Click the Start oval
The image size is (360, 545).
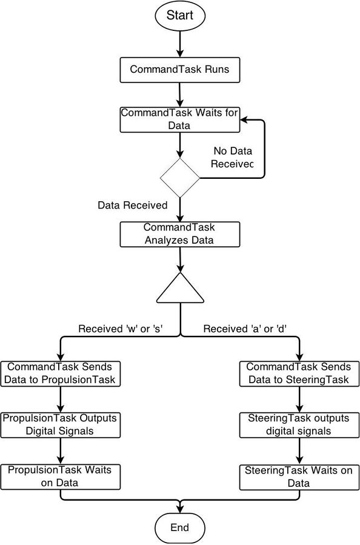pos(179,16)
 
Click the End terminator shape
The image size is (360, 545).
pos(179,528)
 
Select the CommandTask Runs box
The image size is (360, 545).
pos(179,70)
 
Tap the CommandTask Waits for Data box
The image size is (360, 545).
pos(179,119)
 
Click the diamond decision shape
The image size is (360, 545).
pos(179,178)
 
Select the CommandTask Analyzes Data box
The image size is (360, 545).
pos(179,234)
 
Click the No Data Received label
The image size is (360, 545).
pos(232,158)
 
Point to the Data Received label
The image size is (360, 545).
pos(132,205)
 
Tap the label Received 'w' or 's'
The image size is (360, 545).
pos(121,329)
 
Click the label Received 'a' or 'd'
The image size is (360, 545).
pos(245,329)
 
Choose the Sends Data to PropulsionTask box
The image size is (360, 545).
pos(60,373)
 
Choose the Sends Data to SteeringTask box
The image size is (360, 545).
pos(299,373)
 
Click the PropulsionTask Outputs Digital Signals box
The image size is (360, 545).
pos(60,425)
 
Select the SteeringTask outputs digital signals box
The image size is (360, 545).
pos(299,425)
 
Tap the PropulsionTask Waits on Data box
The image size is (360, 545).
pos(60,477)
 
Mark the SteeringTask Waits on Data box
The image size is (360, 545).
pos(299,477)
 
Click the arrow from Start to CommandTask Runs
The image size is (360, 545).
pos(179,44)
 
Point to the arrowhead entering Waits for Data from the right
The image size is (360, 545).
pos(244,120)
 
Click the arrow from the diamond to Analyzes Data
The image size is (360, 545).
pos(180,210)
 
